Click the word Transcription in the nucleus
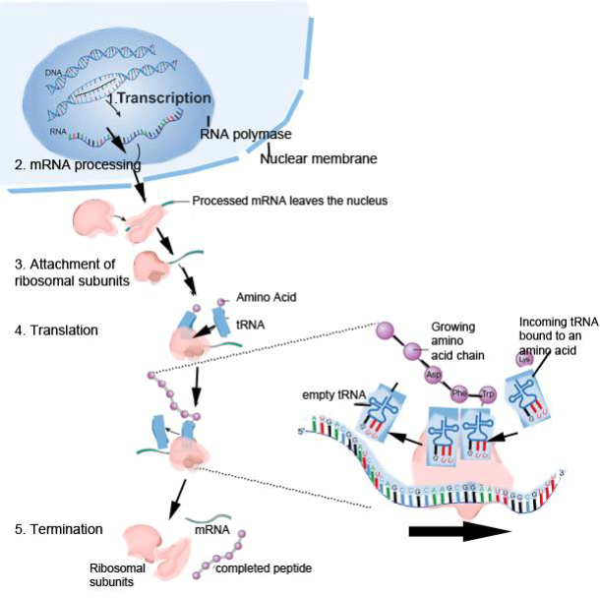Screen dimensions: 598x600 163,98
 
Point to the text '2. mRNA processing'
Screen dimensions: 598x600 70,165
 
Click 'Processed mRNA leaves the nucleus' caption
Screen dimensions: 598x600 291,201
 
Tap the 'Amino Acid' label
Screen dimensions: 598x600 260,296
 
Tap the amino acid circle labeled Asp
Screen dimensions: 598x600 431,375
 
